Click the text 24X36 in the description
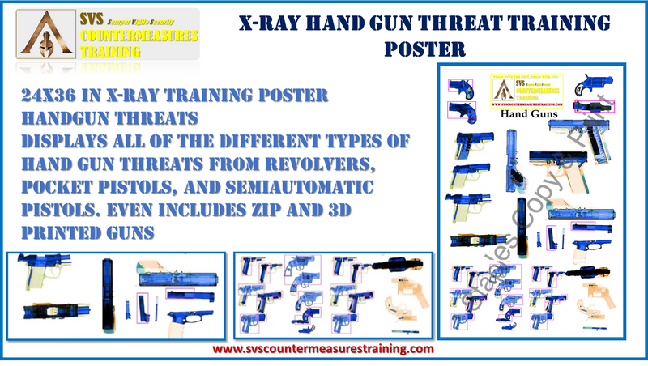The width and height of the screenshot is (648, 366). (x=50, y=95)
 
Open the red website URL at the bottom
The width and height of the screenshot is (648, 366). (x=323, y=348)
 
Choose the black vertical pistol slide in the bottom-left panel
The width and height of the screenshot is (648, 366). (x=107, y=292)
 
